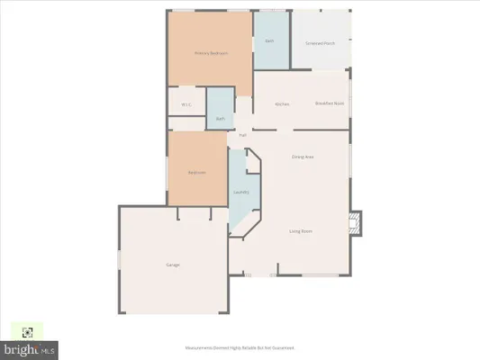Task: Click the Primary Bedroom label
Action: click(211, 53)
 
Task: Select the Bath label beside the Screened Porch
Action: click(268, 42)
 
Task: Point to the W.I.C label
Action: click(186, 104)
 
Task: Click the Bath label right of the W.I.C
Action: click(220, 119)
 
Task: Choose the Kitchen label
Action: click(282, 104)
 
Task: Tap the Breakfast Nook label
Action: click(328, 104)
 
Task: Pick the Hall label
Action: click(242, 135)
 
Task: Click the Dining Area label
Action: click(302, 157)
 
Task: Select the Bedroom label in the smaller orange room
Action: click(196, 172)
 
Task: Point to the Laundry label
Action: click(240, 192)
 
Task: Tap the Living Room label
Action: click(300, 231)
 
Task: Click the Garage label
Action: click(172, 265)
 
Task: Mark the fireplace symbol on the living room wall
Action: click(356, 221)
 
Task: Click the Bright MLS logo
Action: click(31, 346)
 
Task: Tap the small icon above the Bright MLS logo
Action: click(27, 331)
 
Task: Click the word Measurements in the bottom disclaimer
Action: click(196, 348)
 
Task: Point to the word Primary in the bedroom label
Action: click(203, 53)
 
